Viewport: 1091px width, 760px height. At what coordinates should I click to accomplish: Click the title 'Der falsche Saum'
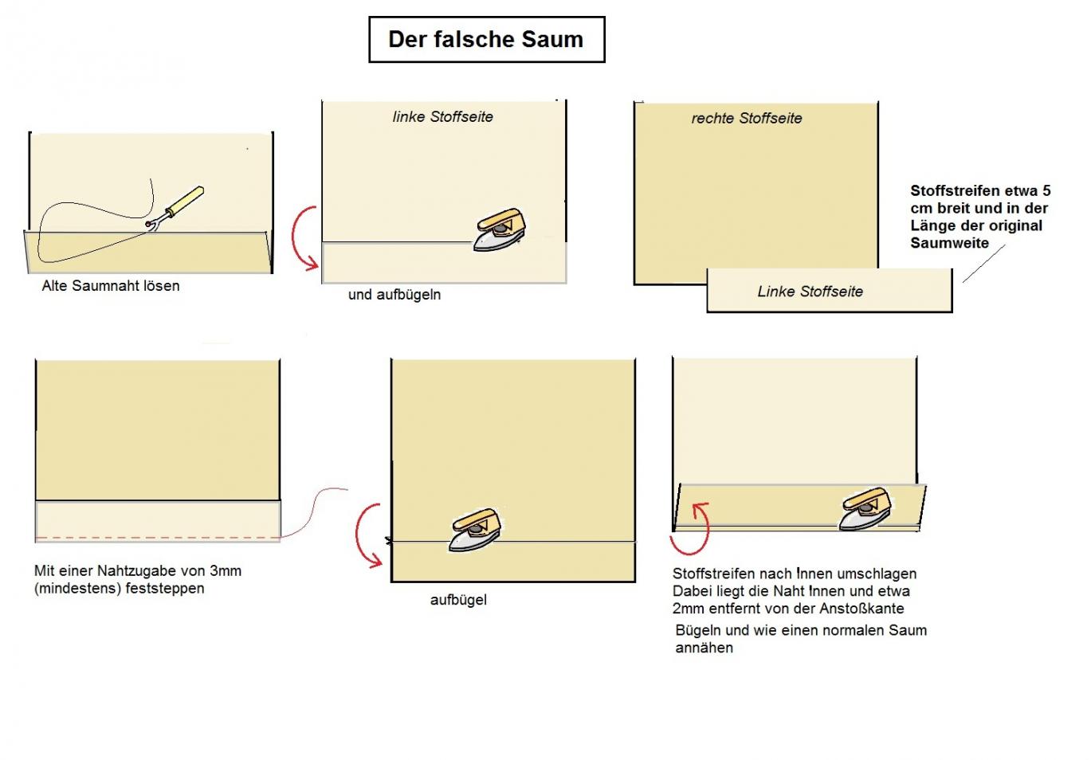tap(486, 40)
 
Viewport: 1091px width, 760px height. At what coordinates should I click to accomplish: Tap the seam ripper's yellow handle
tap(186, 200)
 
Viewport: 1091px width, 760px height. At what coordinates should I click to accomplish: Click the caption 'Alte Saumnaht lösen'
tap(111, 286)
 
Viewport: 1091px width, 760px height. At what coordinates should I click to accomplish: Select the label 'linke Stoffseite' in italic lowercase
tap(443, 117)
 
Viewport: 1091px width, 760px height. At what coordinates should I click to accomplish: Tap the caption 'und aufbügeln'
tap(394, 295)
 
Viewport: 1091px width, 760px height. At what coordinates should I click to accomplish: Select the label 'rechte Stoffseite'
tap(747, 119)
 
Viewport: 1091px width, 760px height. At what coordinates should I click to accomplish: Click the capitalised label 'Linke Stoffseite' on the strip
tap(810, 292)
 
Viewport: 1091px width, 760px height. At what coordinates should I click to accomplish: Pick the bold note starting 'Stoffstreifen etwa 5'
tap(980, 217)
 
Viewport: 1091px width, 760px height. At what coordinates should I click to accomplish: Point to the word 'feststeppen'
tap(165, 589)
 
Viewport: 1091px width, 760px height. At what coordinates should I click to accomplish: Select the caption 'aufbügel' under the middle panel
tap(458, 601)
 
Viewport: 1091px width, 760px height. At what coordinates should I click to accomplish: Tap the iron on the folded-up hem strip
tap(865, 509)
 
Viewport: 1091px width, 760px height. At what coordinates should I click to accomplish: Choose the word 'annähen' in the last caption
tap(704, 648)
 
